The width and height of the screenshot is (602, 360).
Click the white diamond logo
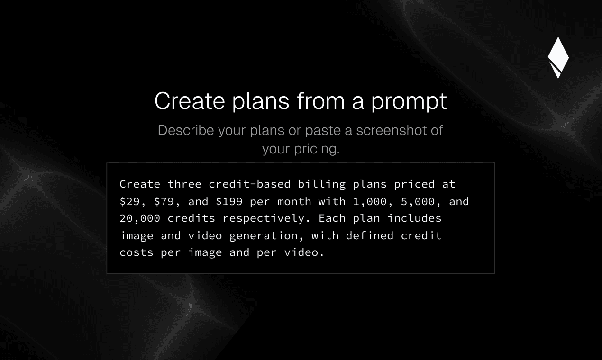[558, 57]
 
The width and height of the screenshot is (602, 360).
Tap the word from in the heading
[321, 100]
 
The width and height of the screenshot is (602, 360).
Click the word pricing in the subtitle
[317, 149]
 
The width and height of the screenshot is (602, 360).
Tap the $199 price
[229, 201]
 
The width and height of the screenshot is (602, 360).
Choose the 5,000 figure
[418, 202]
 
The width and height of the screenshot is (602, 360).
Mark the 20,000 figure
[140, 219]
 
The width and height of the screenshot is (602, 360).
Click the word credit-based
[250, 184]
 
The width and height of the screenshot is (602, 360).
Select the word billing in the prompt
[322, 185]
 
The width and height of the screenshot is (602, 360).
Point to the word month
[294, 201]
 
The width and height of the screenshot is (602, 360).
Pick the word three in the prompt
[184, 184]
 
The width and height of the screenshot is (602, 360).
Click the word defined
[370, 235]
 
